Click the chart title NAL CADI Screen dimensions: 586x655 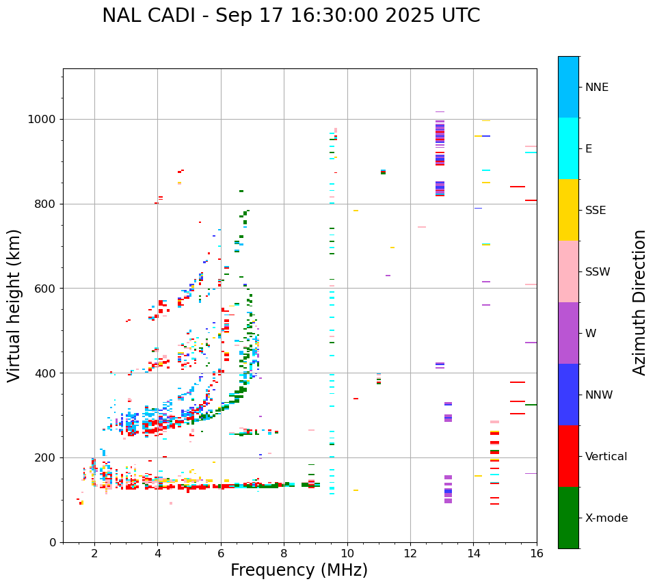[x=291, y=16]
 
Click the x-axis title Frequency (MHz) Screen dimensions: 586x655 [x=299, y=570]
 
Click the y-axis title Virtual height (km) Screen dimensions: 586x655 [x=14, y=305]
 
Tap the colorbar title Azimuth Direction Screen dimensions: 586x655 [x=639, y=302]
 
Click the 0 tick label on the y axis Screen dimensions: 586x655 [x=53, y=542]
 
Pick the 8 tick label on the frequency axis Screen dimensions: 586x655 [x=284, y=552]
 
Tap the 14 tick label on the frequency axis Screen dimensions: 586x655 [x=473, y=552]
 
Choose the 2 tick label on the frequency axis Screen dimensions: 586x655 [x=94, y=552]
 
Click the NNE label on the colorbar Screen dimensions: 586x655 [x=596, y=88]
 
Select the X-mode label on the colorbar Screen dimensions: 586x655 [x=606, y=518]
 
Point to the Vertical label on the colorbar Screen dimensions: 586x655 [x=606, y=457]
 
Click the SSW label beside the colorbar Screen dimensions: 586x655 [x=598, y=272]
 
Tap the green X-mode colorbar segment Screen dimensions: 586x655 [x=568, y=518]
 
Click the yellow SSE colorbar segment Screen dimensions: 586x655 [x=568, y=210]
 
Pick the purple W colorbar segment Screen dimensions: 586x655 [x=568, y=333]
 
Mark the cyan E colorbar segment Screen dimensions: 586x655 [x=568, y=148]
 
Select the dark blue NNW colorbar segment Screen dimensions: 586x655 [x=568, y=395]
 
